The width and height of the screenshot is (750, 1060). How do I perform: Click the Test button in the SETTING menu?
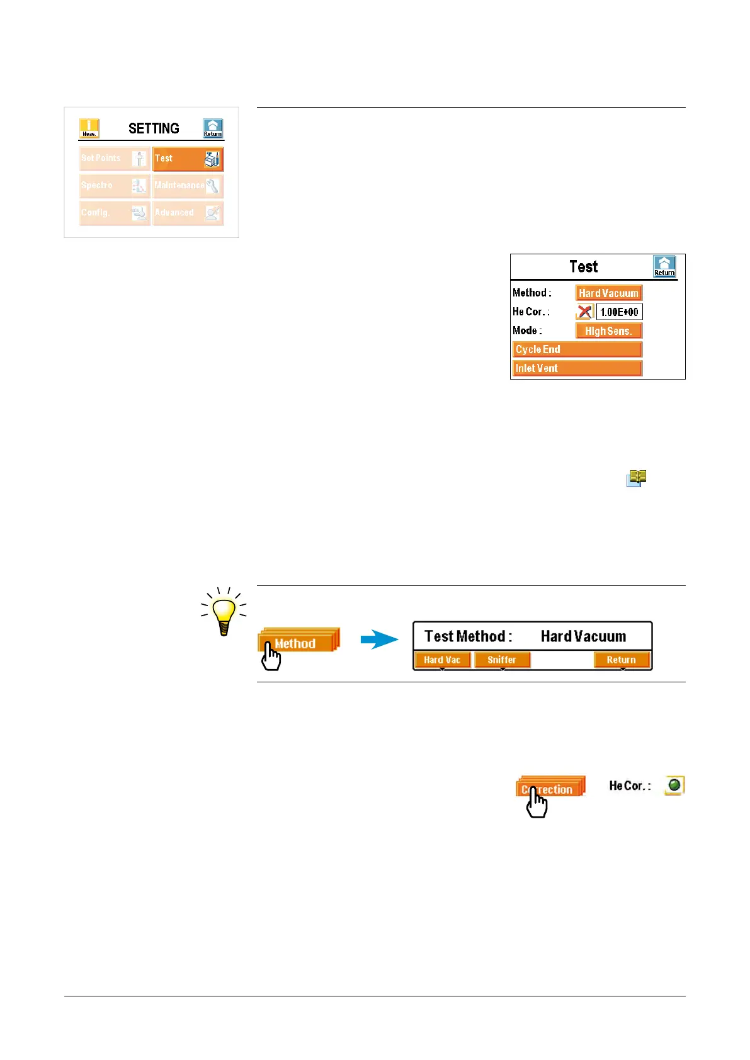pos(188,159)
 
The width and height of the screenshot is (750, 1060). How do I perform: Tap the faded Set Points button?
pos(115,159)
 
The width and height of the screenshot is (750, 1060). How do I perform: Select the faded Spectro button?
pos(115,186)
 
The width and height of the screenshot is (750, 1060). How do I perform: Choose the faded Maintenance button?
pos(188,186)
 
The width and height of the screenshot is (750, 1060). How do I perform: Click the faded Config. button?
pos(115,213)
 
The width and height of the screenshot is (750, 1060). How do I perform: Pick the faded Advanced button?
pos(188,213)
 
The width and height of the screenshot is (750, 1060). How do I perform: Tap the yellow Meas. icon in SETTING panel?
pos(89,128)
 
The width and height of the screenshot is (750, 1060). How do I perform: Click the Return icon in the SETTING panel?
pos(213,128)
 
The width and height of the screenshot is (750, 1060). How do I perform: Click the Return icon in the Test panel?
pos(664,266)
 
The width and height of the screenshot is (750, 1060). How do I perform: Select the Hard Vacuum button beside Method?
pos(609,293)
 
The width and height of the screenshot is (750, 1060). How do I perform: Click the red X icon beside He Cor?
pos(585,312)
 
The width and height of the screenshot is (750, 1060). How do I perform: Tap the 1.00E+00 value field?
pos(620,312)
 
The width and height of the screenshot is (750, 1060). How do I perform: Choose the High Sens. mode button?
pos(609,331)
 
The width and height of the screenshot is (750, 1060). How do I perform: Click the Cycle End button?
pos(577,350)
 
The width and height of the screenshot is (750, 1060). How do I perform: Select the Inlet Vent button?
pos(577,369)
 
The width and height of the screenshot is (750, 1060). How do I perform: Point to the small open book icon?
pos(637,478)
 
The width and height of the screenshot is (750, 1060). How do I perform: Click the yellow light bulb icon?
pos(224,611)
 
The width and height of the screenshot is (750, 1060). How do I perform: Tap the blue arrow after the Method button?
pos(379,640)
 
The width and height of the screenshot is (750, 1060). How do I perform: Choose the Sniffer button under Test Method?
pos(502,660)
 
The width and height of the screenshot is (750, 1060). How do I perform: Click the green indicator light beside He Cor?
pos(674,785)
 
